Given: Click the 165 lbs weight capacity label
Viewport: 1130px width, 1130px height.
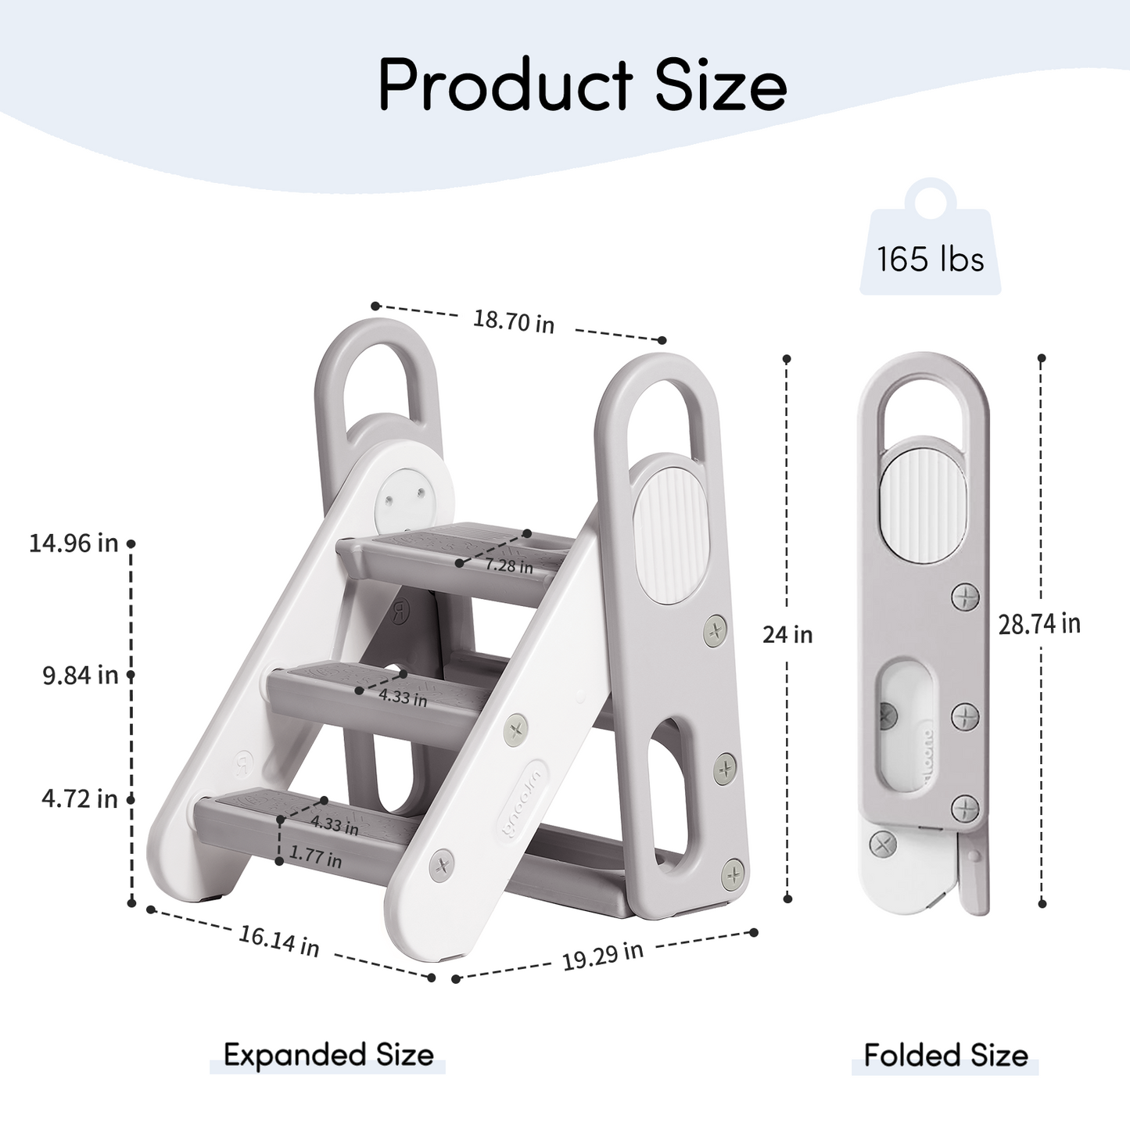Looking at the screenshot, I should tap(930, 259).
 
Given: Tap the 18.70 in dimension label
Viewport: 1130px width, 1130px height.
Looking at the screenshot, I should tap(514, 321).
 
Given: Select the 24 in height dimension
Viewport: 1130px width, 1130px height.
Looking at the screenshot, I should tap(787, 634).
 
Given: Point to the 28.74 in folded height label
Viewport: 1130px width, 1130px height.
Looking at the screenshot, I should tap(1039, 623).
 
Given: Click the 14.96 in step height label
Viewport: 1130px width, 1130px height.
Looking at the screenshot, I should tap(74, 543).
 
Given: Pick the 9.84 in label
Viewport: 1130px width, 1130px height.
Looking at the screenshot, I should tap(80, 675).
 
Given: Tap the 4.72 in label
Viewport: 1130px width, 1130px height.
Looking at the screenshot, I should tap(80, 798).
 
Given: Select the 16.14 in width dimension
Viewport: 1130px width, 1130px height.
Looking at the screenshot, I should tap(279, 942).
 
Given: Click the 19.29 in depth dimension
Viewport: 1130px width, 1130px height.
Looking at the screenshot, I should tap(602, 955).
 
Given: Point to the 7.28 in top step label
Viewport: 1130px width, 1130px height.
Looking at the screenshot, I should tap(508, 565).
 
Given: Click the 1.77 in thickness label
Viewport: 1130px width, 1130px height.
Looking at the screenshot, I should tap(315, 858).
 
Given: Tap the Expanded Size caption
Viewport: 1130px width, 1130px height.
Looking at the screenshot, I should tap(328, 1055).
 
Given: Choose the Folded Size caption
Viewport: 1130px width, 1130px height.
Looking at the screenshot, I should tap(945, 1055).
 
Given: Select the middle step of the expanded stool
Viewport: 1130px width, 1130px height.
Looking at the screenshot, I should tap(368, 688).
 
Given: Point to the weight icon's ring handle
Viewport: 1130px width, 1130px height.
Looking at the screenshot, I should tap(930, 197).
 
